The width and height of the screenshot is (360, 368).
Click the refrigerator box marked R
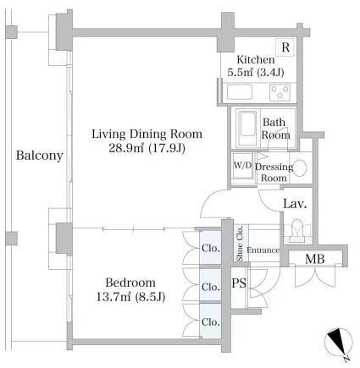(x=285, y=47)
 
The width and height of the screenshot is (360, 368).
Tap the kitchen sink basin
(x=240, y=92)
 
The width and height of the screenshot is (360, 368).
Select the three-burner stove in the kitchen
(x=280, y=92)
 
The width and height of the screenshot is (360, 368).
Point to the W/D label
(x=242, y=165)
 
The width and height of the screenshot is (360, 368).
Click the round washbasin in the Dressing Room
(x=299, y=168)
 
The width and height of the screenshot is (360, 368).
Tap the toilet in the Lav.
(x=298, y=231)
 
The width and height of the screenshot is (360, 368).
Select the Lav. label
(x=295, y=204)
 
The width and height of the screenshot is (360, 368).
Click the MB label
(x=315, y=259)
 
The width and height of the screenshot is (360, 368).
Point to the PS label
(x=239, y=283)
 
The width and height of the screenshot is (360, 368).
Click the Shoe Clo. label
(x=240, y=244)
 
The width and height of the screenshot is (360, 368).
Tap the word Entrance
(x=263, y=250)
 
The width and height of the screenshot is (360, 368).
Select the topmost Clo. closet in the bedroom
(x=211, y=248)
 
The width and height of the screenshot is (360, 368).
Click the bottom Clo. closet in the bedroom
(x=211, y=321)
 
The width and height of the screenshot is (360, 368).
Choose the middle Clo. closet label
(x=211, y=287)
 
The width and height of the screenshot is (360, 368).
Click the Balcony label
(x=39, y=156)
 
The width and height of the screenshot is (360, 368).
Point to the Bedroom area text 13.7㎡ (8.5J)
(x=130, y=297)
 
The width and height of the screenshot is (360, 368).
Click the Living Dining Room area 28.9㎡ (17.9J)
(x=147, y=148)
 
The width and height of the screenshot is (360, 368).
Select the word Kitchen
(x=256, y=59)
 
